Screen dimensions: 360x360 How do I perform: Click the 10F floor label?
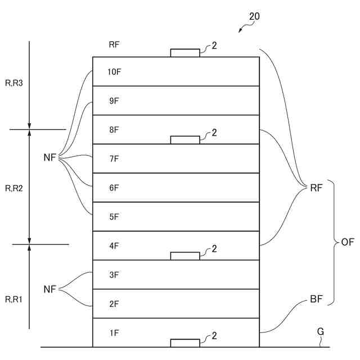click(114, 71)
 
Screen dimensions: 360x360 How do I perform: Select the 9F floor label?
click(114, 101)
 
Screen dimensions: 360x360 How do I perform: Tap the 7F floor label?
click(114, 159)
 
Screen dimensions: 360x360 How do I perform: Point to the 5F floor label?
click(114, 217)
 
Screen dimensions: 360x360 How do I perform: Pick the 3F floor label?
click(114, 274)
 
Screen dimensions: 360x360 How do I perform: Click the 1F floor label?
click(114, 333)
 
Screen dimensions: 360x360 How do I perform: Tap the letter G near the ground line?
click(320, 332)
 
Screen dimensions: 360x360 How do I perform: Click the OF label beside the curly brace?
click(348, 242)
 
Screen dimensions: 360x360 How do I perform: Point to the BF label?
click(316, 299)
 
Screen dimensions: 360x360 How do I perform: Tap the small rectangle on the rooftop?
click(185, 53)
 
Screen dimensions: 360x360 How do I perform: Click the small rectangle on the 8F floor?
click(185, 140)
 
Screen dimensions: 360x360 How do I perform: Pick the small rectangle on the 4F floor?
click(185, 256)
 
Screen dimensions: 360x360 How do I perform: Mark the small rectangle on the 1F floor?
click(185, 343)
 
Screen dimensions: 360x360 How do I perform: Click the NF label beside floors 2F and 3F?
click(50, 289)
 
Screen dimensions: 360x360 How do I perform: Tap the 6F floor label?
click(114, 188)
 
